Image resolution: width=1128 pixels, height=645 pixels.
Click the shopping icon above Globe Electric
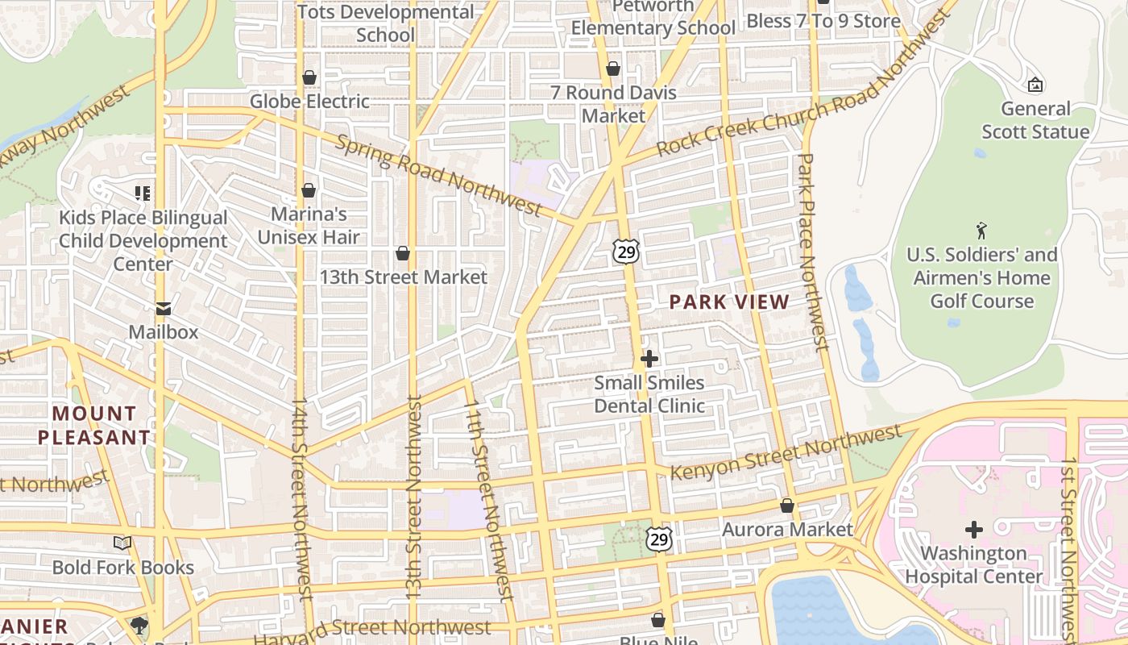(x=309, y=77)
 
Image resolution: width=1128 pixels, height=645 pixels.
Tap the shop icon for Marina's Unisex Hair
(x=309, y=190)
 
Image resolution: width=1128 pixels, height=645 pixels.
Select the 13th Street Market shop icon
(x=403, y=253)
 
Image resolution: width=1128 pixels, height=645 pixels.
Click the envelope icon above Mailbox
(x=164, y=308)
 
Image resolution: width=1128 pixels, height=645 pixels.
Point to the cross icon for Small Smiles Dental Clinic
(x=649, y=358)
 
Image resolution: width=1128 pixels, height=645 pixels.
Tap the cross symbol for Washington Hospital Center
(x=974, y=530)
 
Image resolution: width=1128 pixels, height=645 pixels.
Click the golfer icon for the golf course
(x=981, y=231)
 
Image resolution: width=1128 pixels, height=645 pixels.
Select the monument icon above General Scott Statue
(x=1035, y=85)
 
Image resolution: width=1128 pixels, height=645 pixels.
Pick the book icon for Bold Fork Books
(x=122, y=543)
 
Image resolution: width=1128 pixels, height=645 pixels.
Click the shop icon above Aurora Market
(x=787, y=506)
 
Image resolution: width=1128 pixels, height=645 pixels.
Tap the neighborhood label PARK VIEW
(x=729, y=302)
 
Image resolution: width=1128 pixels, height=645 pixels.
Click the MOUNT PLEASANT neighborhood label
(x=94, y=426)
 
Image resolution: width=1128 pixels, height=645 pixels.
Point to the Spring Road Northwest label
(x=438, y=176)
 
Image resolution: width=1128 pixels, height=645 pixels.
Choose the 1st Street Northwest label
(x=1068, y=548)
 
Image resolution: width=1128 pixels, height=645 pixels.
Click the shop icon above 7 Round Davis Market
(x=613, y=69)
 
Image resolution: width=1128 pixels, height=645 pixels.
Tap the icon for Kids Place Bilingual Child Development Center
(x=143, y=193)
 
